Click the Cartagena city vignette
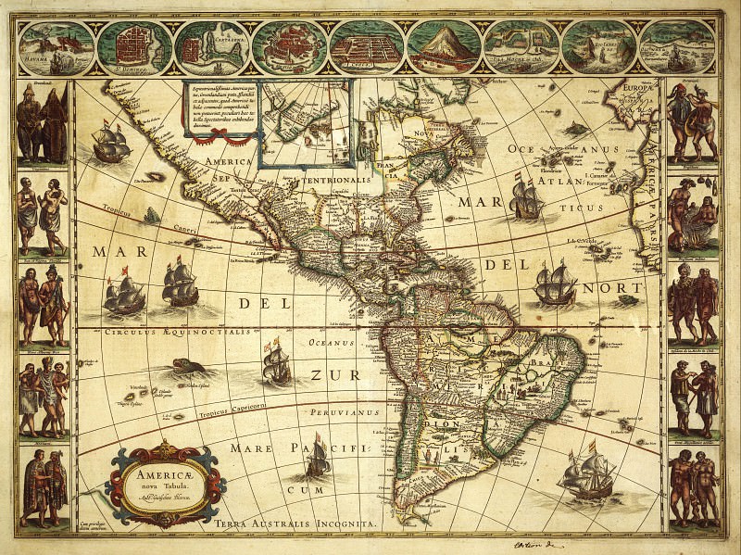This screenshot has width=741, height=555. point(210,45)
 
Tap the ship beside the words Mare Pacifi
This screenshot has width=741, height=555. point(318,456)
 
